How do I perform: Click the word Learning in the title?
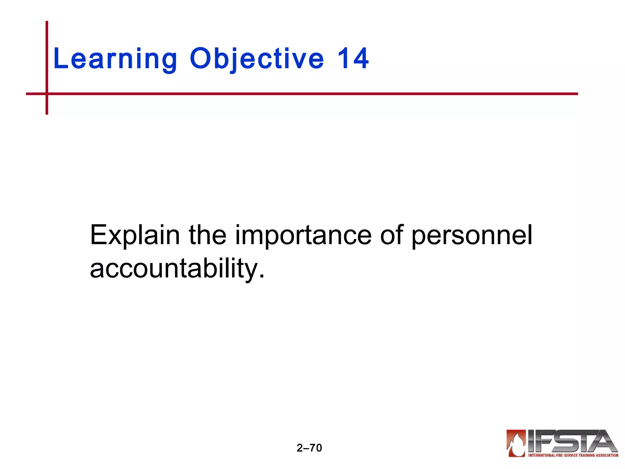(115, 59)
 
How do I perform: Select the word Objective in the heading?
(257, 59)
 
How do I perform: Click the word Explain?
(135, 235)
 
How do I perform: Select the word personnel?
(471, 235)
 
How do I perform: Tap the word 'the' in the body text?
(208, 235)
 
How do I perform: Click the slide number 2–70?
(309, 448)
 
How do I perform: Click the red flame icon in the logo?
(516, 443)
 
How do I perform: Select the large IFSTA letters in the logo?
(571, 441)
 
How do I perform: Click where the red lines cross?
(47, 94)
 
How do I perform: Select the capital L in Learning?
(60, 59)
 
